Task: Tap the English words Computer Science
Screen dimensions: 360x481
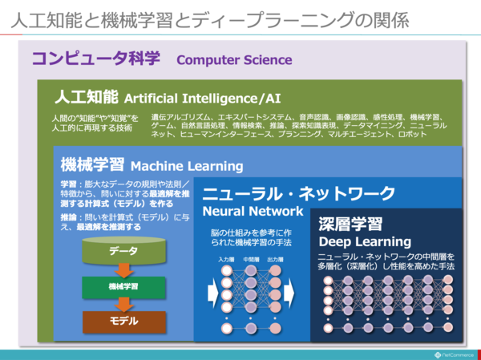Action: (x=234, y=60)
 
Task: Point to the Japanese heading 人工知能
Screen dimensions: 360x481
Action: (x=87, y=97)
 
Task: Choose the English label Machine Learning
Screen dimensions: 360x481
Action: (x=186, y=166)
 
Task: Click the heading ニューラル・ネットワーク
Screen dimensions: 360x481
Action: (x=298, y=193)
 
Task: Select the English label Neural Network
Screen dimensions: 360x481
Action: (x=253, y=212)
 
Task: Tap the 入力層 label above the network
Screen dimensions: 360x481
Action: (x=225, y=260)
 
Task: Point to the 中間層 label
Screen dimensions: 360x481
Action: (x=251, y=260)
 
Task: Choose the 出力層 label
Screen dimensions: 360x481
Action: (x=277, y=260)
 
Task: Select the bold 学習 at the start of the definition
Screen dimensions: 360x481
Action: (x=68, y=184)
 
